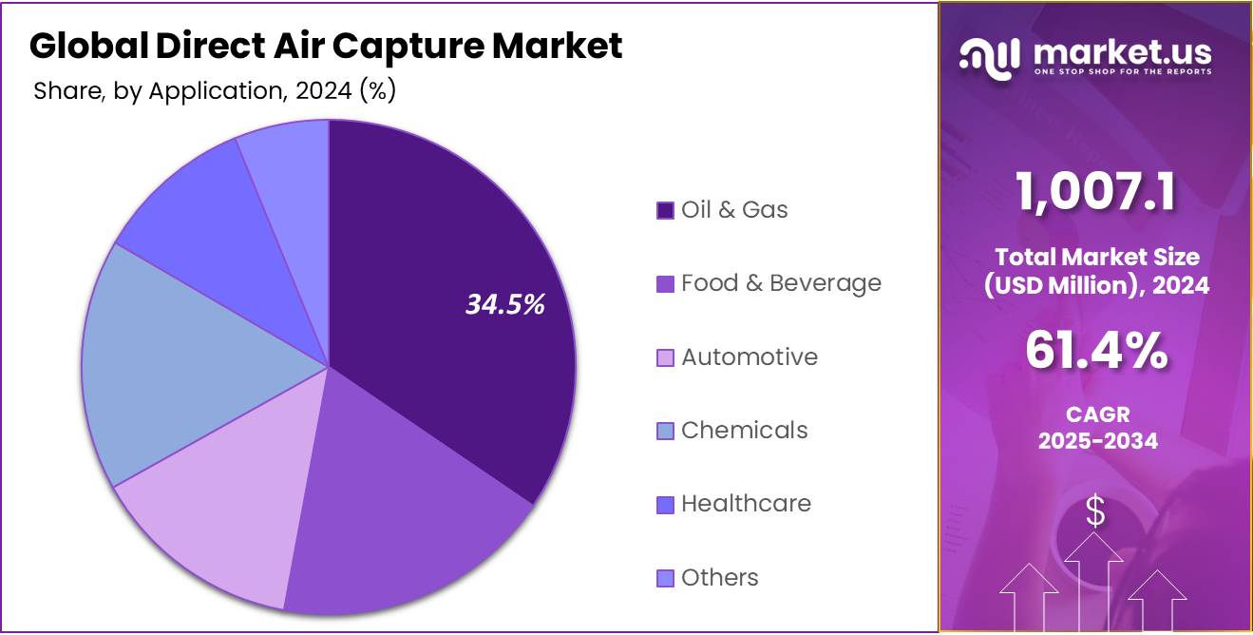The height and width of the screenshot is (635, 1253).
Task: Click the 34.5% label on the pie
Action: tap(504, 304)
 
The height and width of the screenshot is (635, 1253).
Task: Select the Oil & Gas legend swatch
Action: tap(665, 210)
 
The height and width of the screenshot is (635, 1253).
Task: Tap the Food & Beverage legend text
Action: tap(781, 283)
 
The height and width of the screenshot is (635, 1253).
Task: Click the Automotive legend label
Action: tap(750, 356)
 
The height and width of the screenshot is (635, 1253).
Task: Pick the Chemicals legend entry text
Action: tap(745, 430)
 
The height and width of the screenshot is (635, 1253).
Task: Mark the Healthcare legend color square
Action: tap(665, 504)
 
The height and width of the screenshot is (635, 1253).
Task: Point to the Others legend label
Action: tap(720, 577)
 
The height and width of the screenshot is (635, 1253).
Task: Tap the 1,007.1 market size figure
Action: tap(1095, 191)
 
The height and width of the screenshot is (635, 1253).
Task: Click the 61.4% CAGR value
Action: tap(1096, 352)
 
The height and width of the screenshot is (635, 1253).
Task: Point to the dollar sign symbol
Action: tap(1095, 512)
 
